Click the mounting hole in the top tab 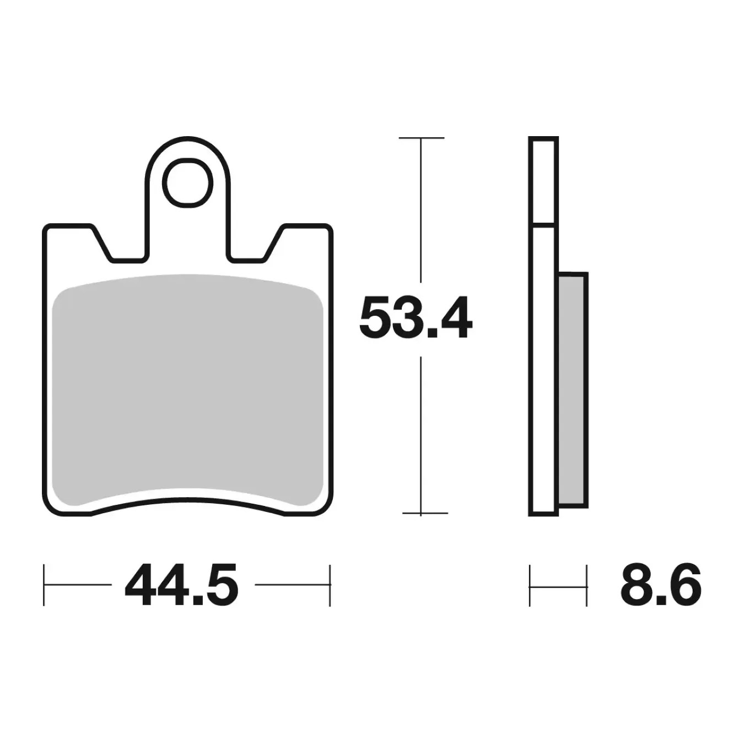click(x=187, y=182)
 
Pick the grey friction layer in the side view click(x=573, y=390)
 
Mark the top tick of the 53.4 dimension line click(x=422, y=137)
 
